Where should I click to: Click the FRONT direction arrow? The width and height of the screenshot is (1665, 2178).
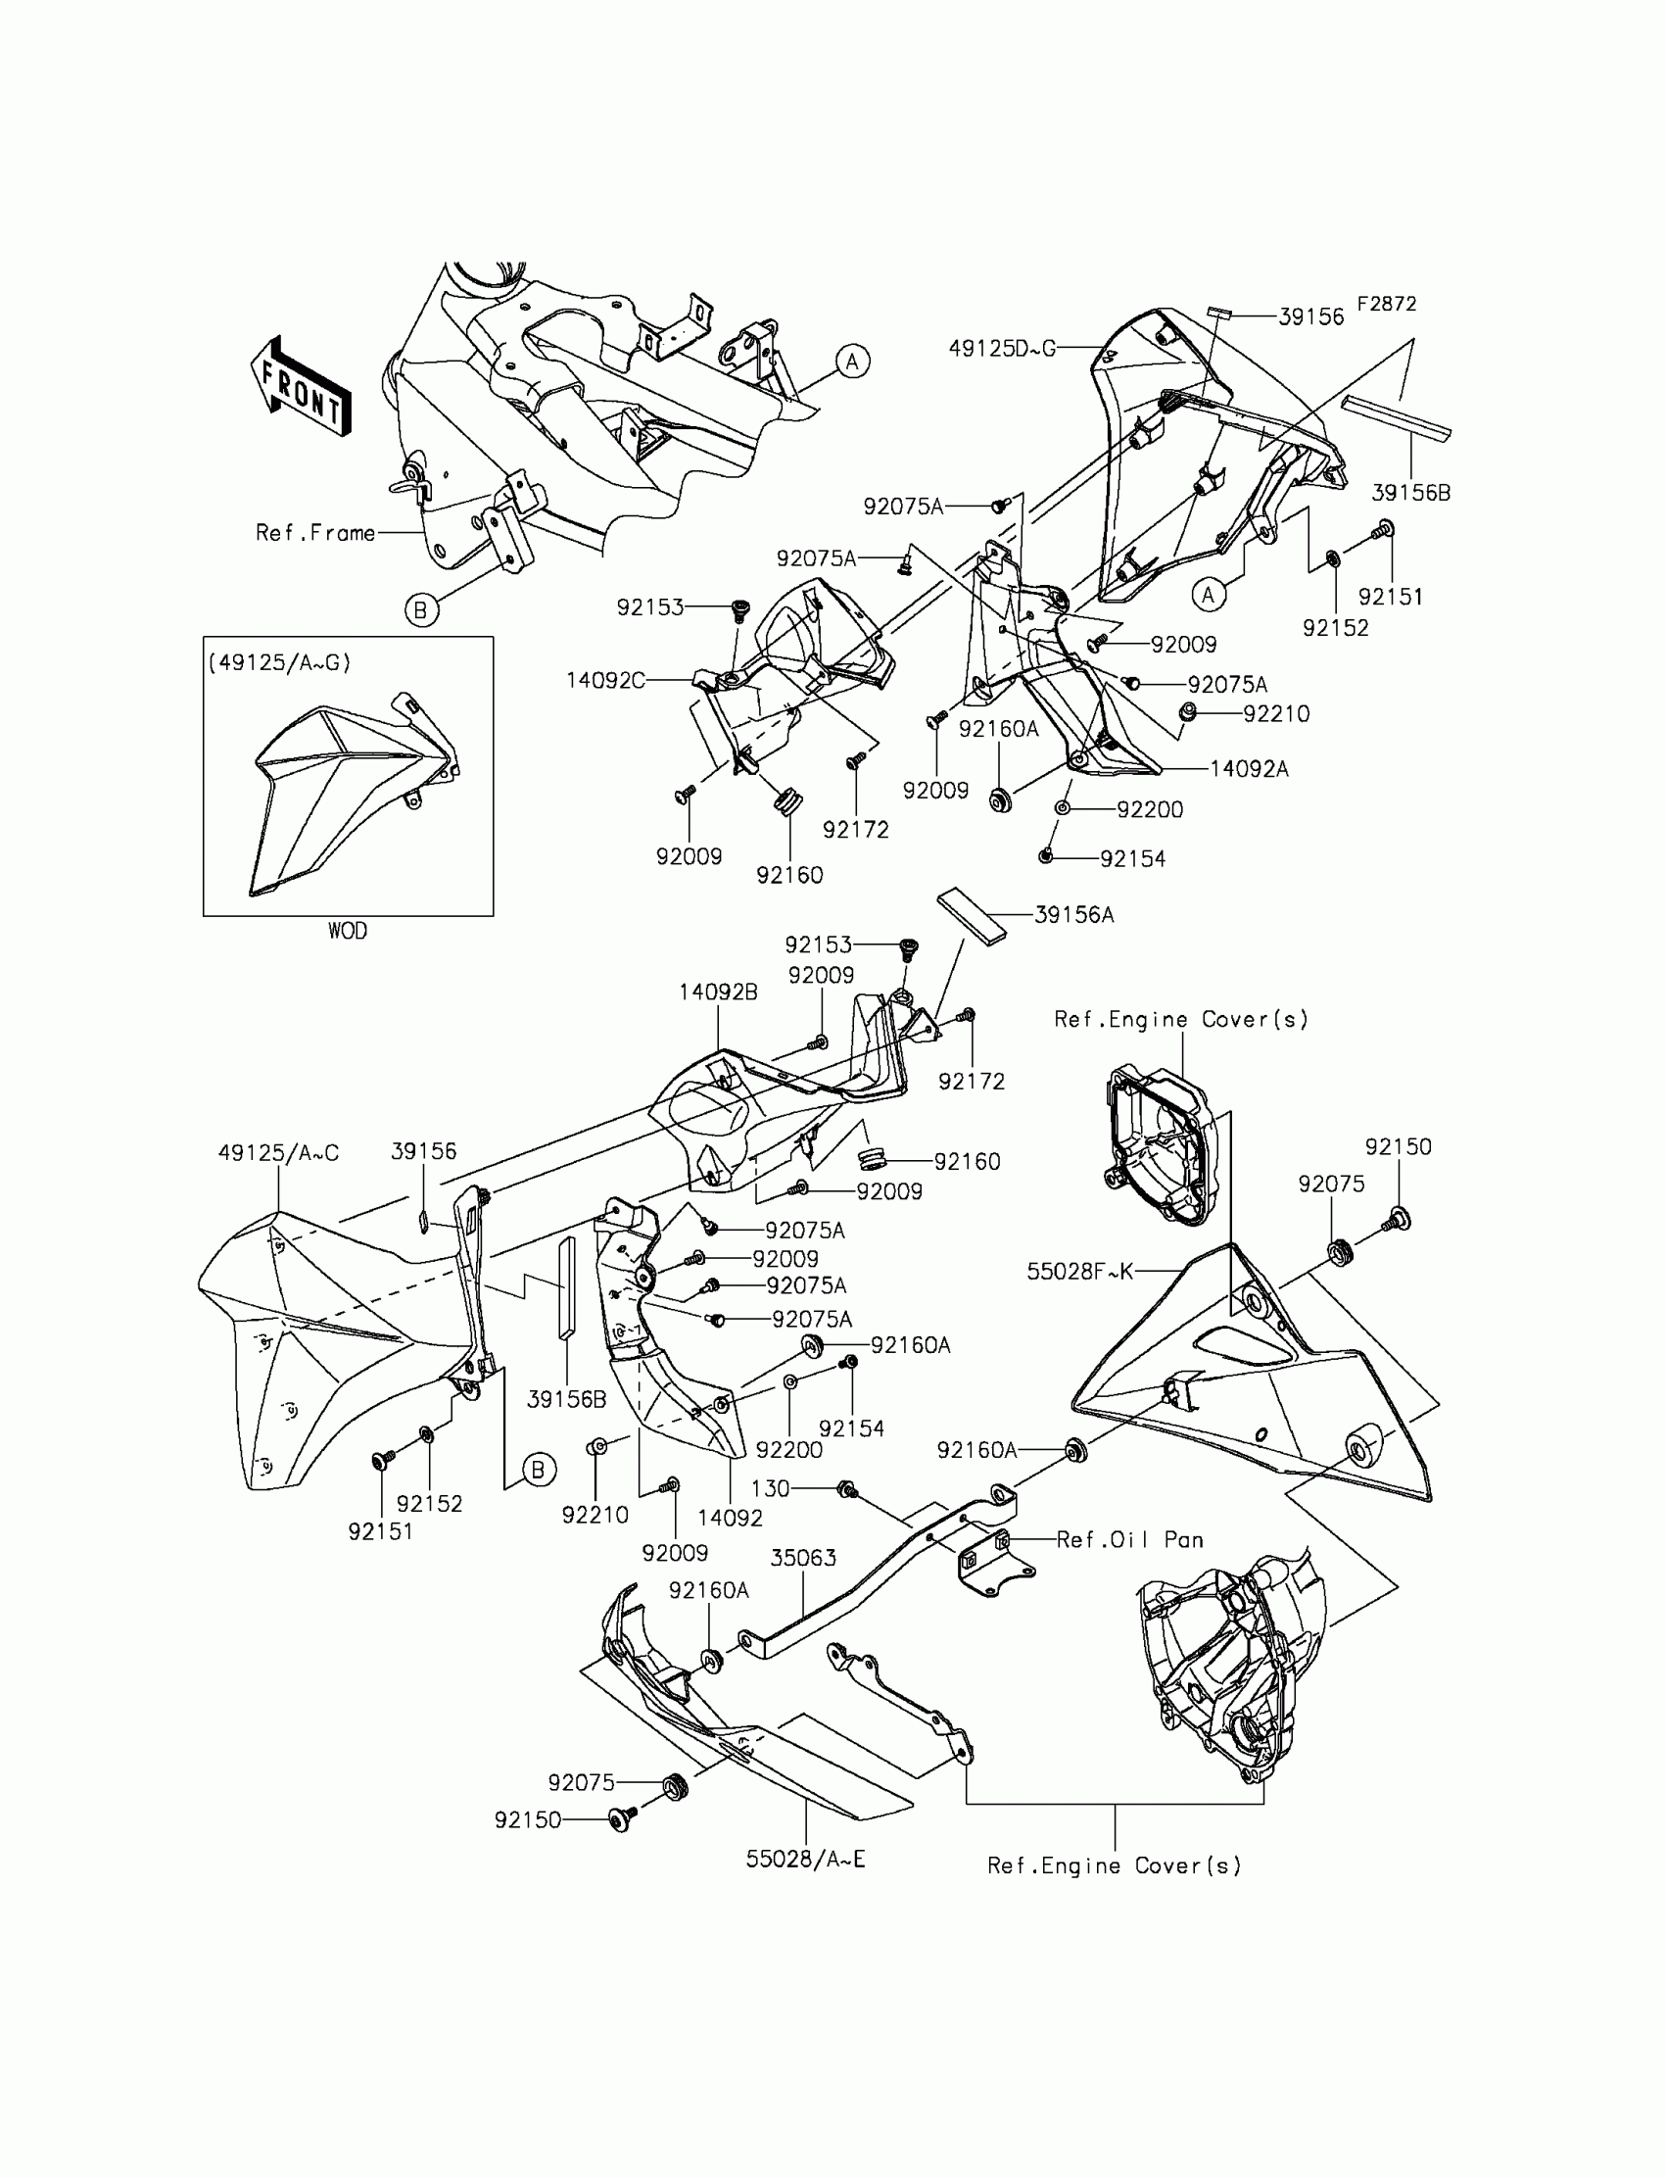[x=301, y=387]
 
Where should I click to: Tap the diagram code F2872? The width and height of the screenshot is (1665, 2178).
[x=1386, y=305]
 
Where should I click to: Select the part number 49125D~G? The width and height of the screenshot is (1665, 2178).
[x=1002, y=348]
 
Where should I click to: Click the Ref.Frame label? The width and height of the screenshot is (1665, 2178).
[x=315, y=532]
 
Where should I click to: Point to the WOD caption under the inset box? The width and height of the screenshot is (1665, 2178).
[x=347, y=931]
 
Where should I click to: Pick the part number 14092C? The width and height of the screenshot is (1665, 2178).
[x=604, y=680]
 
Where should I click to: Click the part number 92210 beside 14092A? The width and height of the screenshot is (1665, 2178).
[x=1276, y=714]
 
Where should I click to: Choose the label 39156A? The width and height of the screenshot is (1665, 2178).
[x=1074, y=915]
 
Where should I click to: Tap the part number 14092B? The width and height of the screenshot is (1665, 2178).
[x=719, y=992]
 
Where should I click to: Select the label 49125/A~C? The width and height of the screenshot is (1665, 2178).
[x=278, y=1152]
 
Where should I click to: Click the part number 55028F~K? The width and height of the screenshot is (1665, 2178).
[x=1080, y=1271]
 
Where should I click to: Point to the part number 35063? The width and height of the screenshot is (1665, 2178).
[x=804, y=1558]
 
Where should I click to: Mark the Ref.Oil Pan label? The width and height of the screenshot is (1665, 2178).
[x=1130, y=1539]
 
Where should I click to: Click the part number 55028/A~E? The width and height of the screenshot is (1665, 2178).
[x=806, y=1859]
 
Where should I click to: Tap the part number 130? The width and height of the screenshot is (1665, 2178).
[x=770, y=1488]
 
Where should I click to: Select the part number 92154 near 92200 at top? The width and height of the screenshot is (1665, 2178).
[x=1133, y=858]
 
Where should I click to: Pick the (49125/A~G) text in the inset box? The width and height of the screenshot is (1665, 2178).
[x=279, y=662]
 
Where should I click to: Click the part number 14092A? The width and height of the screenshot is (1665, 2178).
[x=1249, y=768]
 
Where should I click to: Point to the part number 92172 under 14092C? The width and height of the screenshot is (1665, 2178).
[x=855, y=829]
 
